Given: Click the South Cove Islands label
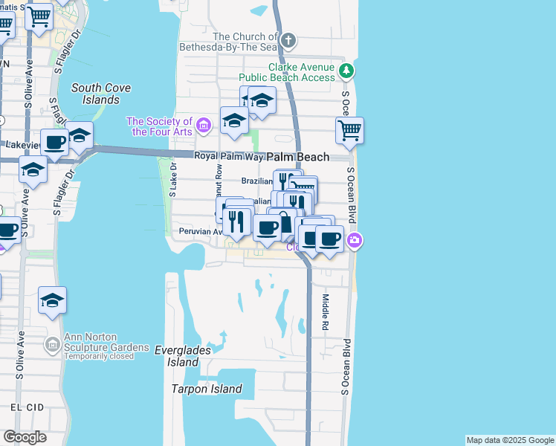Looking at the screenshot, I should tap(101, 94).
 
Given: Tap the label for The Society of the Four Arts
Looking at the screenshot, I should tap(160, 126).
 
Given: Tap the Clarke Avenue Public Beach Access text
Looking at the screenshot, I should tap(287, 71).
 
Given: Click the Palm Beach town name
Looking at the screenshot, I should tap(298, 157).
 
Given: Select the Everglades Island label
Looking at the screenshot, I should tap(182, 356).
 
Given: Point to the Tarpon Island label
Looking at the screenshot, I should tap(207, 389).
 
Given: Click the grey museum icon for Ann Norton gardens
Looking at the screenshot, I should tap(52, 345).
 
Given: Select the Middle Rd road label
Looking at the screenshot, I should tap(326, 312).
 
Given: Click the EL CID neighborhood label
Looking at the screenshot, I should tap(28, 407).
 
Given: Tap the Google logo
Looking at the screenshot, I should tap(25, 437).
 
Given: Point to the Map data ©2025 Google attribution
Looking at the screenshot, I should tap(510, 440).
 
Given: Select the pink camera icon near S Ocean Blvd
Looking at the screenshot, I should tap(356, 240).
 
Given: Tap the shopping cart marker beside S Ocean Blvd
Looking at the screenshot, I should tap(349, 131).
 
